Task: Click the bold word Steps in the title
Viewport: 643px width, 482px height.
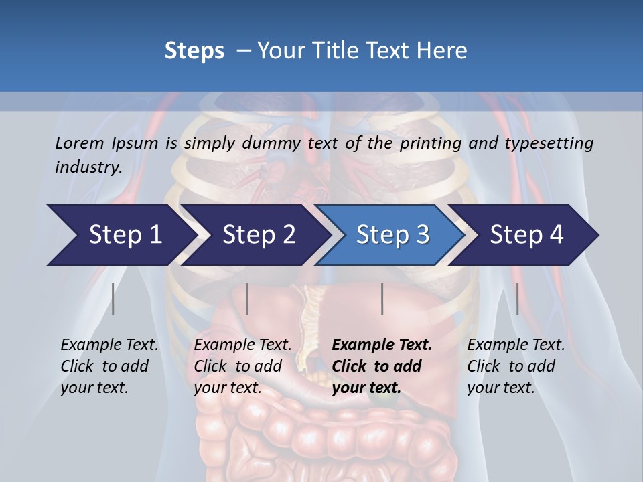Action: (194, 50)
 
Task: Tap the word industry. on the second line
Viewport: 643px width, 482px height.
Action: (88, 167)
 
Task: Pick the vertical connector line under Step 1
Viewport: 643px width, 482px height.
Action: (113, 299)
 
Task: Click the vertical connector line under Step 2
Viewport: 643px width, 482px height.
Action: (247, 299)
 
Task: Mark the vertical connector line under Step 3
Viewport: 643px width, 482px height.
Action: (382, 299)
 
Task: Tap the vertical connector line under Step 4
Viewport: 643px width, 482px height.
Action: (518, 299)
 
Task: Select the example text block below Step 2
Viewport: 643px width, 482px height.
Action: (242, 366)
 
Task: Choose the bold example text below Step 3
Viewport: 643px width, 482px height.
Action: (381, 366)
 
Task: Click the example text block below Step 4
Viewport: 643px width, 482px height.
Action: (515, 366)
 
